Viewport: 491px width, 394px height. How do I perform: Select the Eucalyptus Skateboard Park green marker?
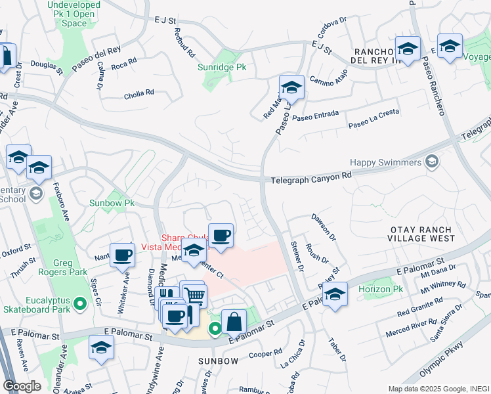pyautogui.click(x=80, y=303)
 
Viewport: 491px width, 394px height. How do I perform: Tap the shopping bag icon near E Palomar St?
pyautogui.click(x=234, y=322)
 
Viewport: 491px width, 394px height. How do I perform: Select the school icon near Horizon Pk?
pyautogui.click(x=335, y=294)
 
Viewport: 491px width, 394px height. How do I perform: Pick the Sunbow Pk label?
pyautogui.click(x=112, y=204)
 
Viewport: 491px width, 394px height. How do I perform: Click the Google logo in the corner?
pyautogui.click(x=22, y=385)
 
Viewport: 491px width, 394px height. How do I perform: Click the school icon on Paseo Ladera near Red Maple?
pyautogui.click(x=291, y=87)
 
